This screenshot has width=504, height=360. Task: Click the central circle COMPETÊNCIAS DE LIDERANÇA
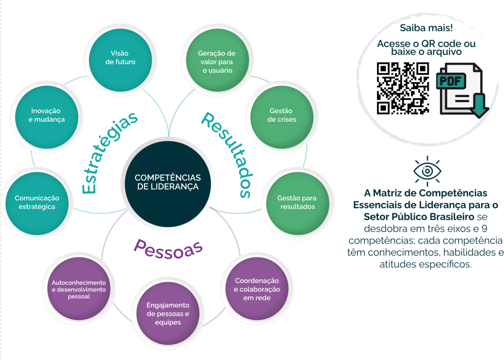click(x=168, y=184)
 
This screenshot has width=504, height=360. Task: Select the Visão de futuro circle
click(x=120, y=60)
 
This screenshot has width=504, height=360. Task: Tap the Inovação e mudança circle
click(x=46, y=117)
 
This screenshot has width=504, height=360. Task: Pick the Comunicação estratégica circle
click(x=37, y=204)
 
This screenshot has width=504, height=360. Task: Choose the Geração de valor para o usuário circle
click(x=217, y=60)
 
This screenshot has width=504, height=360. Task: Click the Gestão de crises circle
click(x=282, y=117)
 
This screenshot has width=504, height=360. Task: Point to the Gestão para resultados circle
click(x=298, y=204)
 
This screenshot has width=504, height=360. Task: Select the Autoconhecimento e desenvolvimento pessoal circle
click(x=79, y=288)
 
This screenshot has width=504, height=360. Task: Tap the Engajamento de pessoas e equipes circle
click(x=168, y=314)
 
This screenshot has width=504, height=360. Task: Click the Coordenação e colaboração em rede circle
click(x=257, y=288)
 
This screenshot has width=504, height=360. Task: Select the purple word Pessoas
click(x=168, y=249)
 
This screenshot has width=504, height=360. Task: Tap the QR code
click(x=403, y=88)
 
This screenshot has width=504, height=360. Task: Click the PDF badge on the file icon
click(x=451, y=81)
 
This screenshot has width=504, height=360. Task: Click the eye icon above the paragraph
click(x=427, y=171)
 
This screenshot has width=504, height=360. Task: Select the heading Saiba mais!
click(x=426, y=28)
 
